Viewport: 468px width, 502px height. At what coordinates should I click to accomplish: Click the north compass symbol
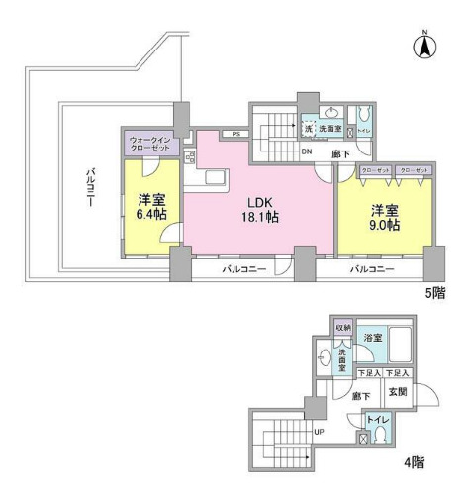pos(424,46)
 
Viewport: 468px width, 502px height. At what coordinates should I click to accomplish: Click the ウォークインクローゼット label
pos(154,144)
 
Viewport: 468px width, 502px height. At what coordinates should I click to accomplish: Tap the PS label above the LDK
pos(234,134)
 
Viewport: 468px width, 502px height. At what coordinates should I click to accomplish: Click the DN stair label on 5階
pos(307,151)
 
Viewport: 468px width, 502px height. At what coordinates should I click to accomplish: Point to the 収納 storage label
pos(342,327)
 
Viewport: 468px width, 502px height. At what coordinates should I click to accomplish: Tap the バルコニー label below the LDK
pos(242,269)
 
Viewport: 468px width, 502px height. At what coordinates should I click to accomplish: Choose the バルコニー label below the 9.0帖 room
pos(371,269)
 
